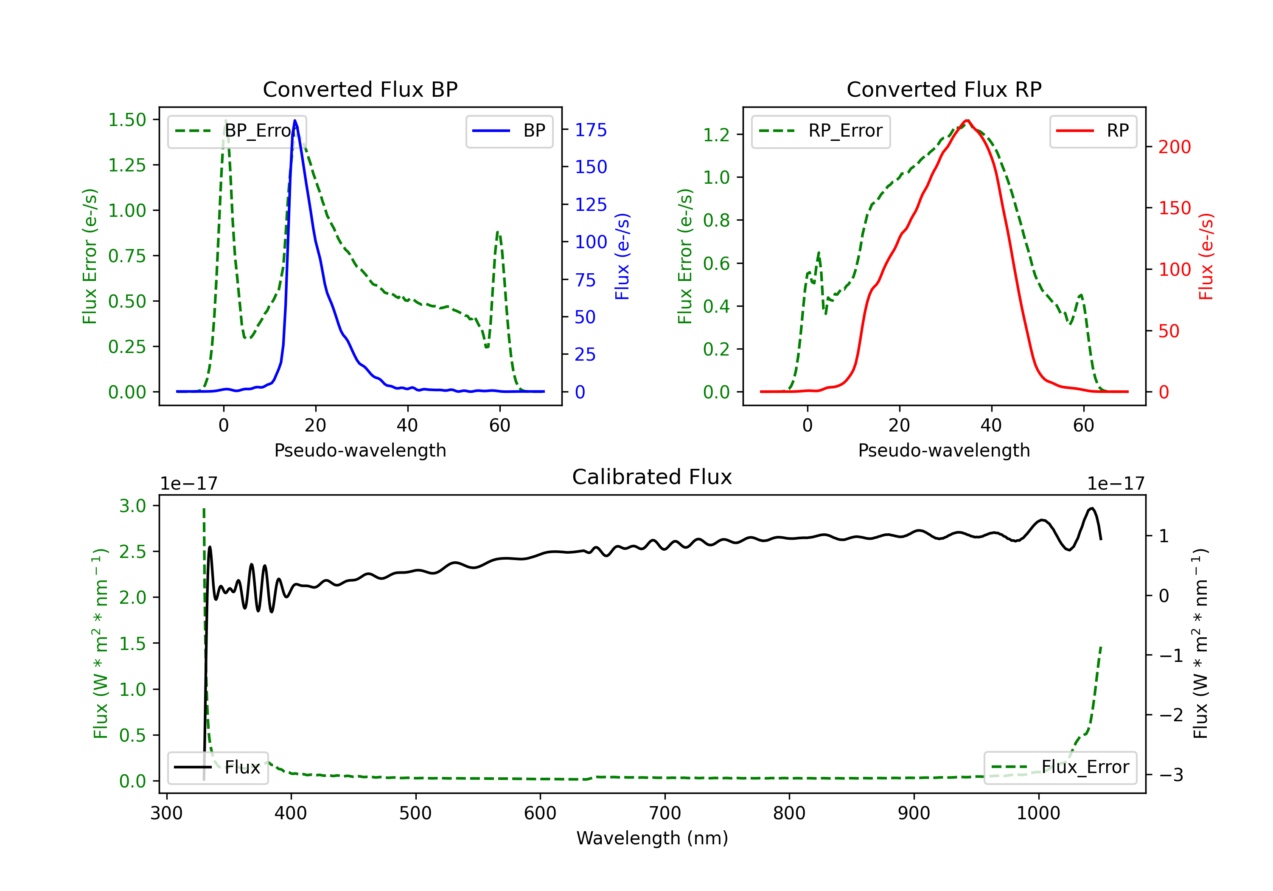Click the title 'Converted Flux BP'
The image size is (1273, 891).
click(x=360, y=89)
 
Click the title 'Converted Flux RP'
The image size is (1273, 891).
click(x=944, y=89)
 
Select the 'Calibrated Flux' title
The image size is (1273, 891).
click(x=652, y=477)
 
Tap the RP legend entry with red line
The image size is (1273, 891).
click(x=1092, y=131)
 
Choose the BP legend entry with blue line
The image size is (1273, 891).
click(x=509, y=131)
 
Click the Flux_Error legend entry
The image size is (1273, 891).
click(x=1060, y=768)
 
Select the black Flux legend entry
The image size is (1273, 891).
click(x=217, y=768)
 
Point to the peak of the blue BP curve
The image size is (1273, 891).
click(x=294, y=120)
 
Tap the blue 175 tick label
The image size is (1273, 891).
click(x=591, y=130)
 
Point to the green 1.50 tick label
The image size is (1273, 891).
click(x=127, y=120)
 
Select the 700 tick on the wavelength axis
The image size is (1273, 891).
click(x=665, y=813)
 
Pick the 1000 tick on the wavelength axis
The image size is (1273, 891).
click(x=1038, y=813)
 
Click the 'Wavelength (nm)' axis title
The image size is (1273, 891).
click(x=652, y=838)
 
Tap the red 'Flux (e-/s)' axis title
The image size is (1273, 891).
click(x=1206, y=256)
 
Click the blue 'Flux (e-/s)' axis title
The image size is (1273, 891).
click(x=622, y=256)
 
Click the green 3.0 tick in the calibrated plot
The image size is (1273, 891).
click(x=132, y=506)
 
